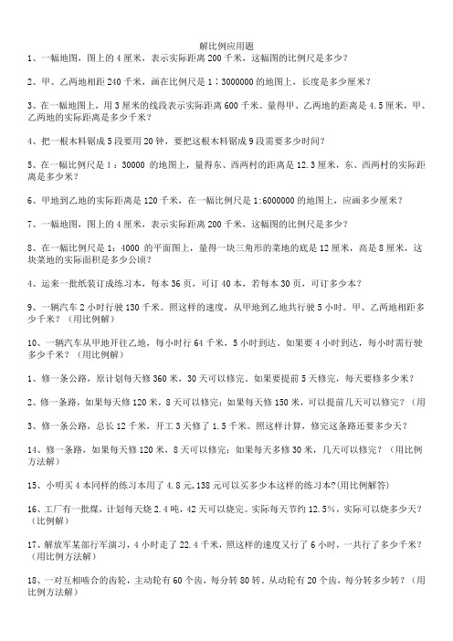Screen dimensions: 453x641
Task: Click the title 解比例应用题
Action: point(226,45)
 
